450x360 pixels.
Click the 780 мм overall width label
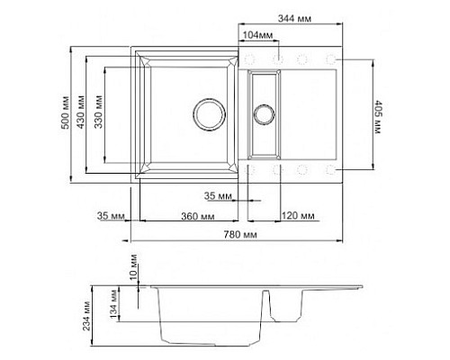[237, 234]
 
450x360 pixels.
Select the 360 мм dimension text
[196, 217]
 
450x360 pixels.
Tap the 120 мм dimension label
[298, 217]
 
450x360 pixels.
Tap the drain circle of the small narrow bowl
[264, 113]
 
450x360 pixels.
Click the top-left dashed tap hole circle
[250, 59]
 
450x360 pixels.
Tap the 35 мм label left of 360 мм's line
[108, 217]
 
